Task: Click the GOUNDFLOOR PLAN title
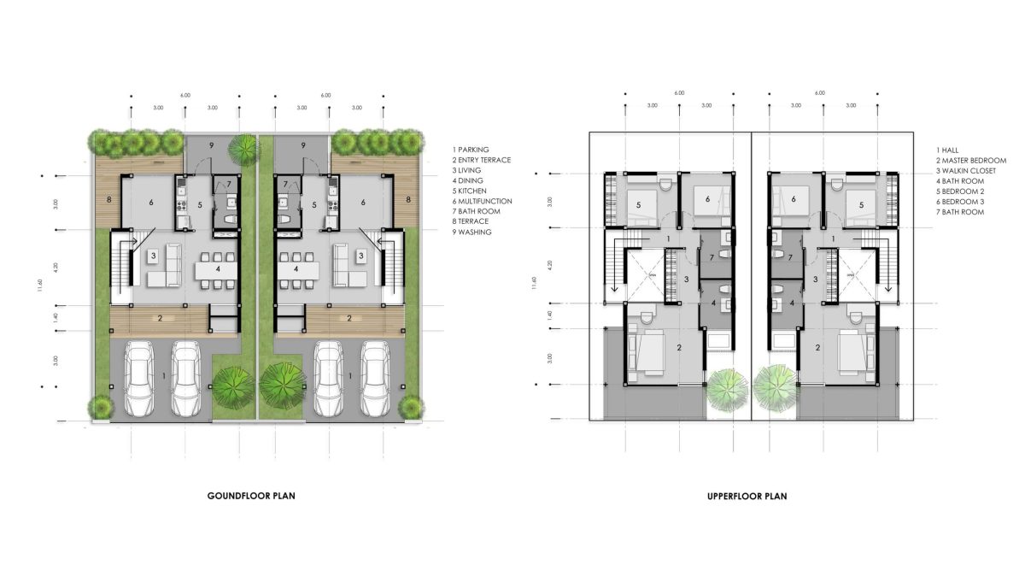251,496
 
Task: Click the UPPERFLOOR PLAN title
747,497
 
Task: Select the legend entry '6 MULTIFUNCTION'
483,201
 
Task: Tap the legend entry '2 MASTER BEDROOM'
971,161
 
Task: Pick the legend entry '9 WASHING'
471,233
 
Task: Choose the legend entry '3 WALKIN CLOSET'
966,171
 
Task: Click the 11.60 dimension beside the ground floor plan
40,285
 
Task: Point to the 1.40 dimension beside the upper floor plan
550,315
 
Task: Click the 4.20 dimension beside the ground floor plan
56,268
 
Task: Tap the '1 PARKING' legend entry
471,150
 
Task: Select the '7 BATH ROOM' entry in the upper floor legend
960,212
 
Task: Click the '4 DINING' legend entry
468,181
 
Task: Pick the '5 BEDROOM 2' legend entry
960,191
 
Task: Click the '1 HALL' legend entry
947,150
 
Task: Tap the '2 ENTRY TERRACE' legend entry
482,160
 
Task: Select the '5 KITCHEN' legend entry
470,191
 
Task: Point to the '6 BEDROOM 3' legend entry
960,202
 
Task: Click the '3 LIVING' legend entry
466,170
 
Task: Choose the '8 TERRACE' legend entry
471,221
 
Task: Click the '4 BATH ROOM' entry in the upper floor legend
960,181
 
